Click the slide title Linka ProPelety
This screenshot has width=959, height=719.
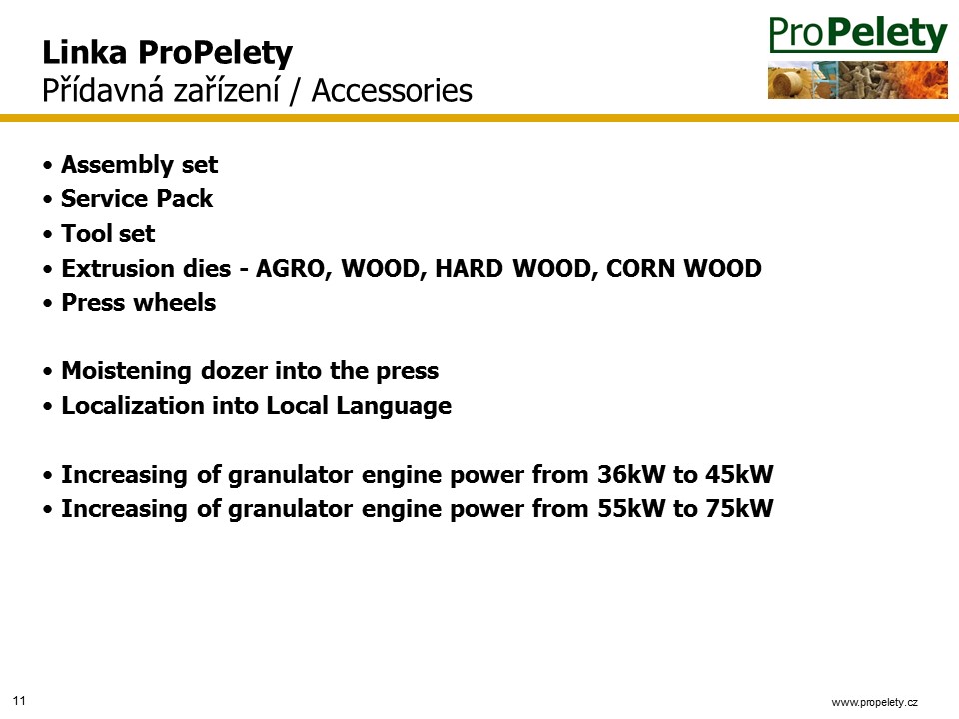[x=167, y=53]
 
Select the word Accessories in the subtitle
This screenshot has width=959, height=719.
[x=392, y=91]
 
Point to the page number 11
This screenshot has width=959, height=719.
[x=19, y=701]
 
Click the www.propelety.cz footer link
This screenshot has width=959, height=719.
[x=874, y=702]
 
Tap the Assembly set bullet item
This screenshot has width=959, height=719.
[x=139, y=165]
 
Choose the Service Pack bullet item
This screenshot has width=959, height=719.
[x=137, y=198]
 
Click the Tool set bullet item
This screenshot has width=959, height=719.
[x=108, y=233]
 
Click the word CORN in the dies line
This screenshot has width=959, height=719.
[x=640, y=268]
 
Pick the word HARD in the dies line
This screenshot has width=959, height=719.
[x=469, y=268]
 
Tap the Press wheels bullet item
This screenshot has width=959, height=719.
[x=138, y=302]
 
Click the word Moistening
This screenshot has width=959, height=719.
[x=126, y=371]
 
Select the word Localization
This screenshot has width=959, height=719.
[x=133, y=406]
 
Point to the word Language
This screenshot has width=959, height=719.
[x=394, y=407]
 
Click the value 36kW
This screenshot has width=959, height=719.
[x=631, y=475]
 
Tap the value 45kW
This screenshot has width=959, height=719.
[x=739, y=475]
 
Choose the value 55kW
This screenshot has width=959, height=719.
[x=631, y=508]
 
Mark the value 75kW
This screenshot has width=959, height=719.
[x=739, y=508]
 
